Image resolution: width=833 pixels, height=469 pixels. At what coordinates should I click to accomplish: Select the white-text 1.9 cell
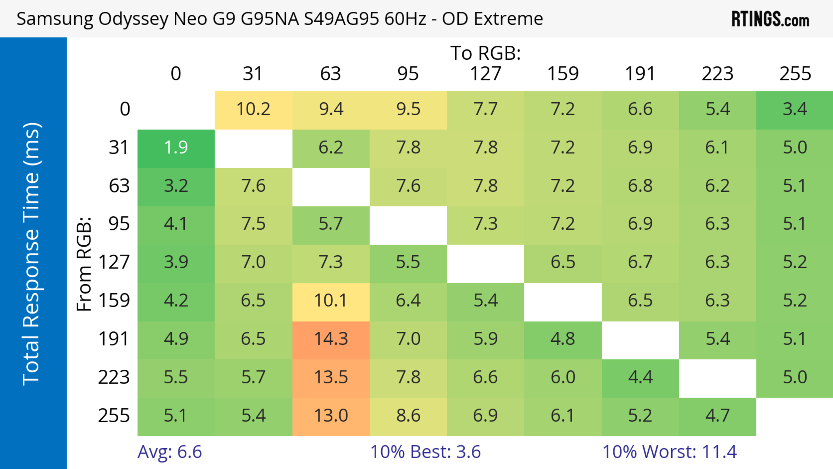point(176,148)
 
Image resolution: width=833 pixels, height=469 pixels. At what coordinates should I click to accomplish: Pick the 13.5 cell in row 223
point(331,377)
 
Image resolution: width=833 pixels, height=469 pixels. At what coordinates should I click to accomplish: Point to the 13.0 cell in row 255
point(331,416)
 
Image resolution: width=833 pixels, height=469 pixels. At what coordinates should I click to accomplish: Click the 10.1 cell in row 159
point(331,301)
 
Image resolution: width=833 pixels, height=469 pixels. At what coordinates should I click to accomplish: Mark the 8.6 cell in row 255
point(408,416)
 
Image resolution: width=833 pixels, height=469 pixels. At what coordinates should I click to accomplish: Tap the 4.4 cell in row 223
point(640,377)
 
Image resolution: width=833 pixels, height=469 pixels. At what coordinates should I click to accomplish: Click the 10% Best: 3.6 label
point(425,452)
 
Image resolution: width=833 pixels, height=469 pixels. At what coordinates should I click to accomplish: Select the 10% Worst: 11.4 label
point(669,452)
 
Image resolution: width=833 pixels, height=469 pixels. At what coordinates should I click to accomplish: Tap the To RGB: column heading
point(485,53)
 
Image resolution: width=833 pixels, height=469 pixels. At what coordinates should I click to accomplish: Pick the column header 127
point(485,74)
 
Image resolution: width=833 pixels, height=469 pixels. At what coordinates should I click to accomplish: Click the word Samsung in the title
point(55,19)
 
